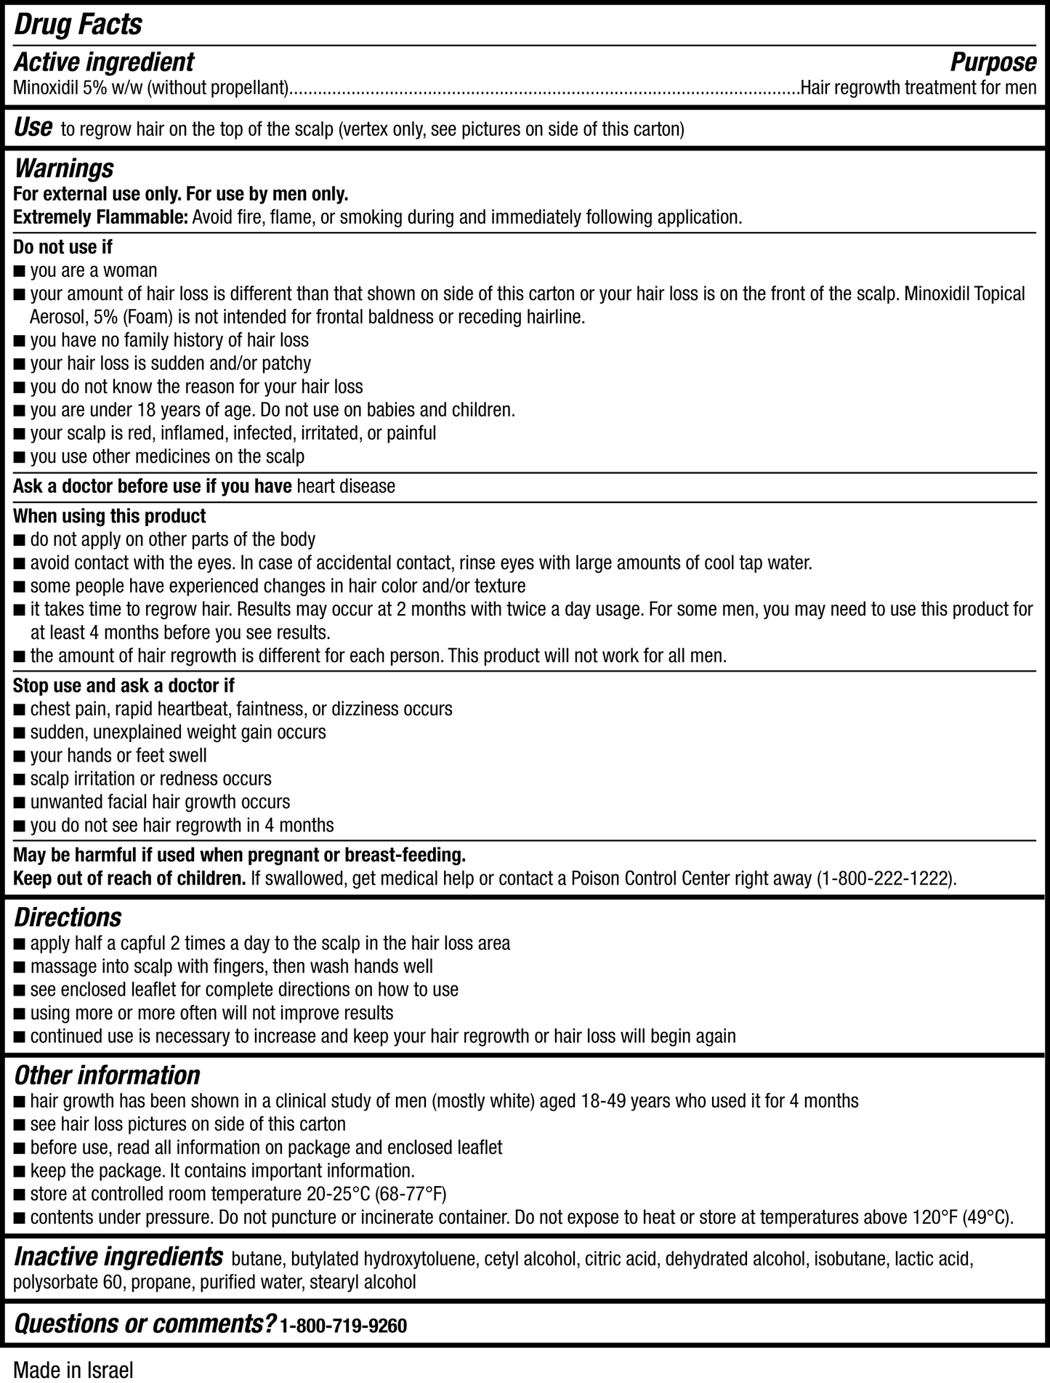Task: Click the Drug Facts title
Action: [78, 25]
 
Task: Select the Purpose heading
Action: [993, 63]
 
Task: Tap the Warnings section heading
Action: [64, 169]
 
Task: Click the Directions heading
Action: [68, 917]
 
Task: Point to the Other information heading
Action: [107, 1075]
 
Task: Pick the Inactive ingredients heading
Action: [118, 1257]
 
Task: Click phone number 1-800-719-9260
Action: [343, 1326]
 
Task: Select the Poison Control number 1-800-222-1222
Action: [884, 879]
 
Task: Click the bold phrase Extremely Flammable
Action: [100, 217]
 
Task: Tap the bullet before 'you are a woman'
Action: [19, 271]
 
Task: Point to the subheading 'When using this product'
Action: [110, 516]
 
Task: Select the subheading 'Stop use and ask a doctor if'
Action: [124, 685]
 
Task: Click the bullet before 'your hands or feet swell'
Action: [19, 756]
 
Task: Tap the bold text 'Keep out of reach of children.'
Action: [129, 879]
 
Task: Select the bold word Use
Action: [33, 128]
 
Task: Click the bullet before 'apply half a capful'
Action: [19, 944]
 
